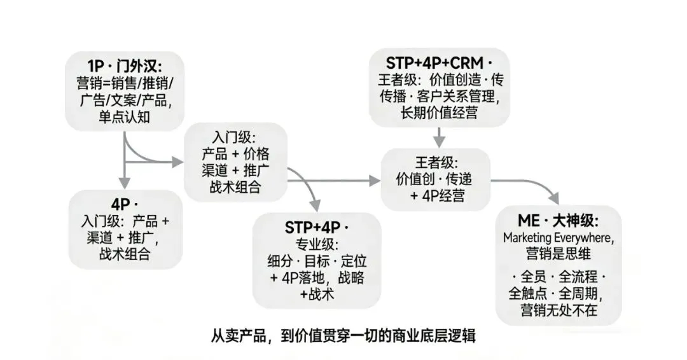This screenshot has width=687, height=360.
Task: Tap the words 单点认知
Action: coord(125,117)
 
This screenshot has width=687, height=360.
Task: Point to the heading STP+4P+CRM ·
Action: coord(439,63)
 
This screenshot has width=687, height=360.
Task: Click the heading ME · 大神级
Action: coord(558,221)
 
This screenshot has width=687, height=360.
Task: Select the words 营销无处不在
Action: coord(558,310)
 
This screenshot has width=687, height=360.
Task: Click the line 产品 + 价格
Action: coord(235,155)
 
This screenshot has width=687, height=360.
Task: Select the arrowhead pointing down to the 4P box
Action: coord(125,181)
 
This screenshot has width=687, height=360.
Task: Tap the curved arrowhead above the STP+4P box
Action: coord(316,205)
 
